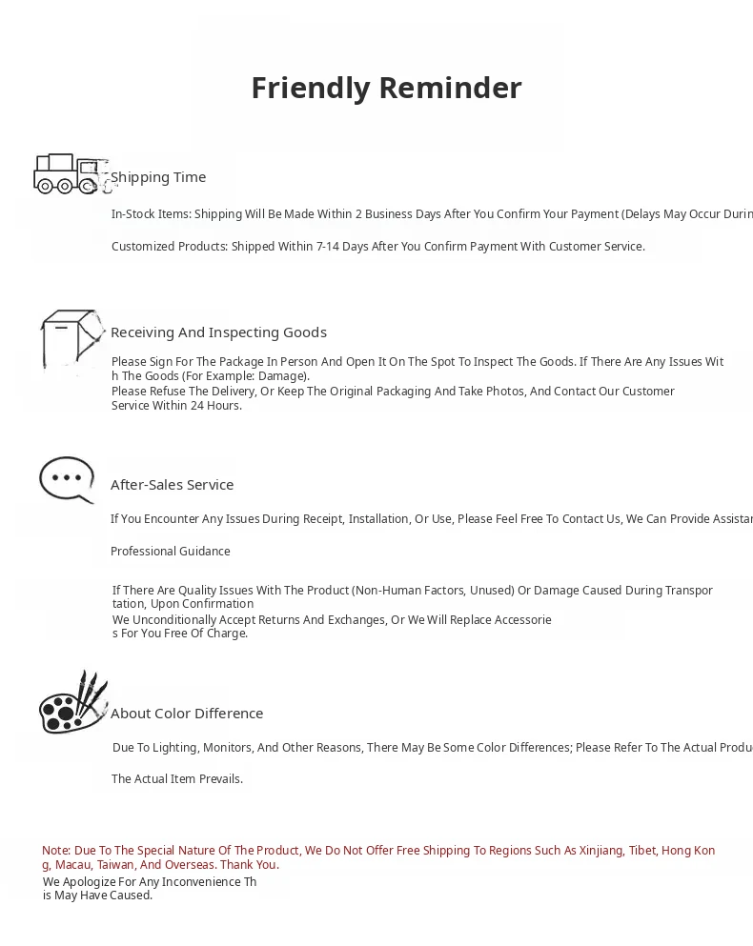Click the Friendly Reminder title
386,88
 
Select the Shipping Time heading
158,177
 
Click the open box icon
71,338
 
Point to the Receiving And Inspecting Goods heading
218,332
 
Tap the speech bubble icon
67,478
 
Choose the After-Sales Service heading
172,485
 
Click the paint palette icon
72,703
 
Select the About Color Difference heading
187,714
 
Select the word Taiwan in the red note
115,865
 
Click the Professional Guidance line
171,552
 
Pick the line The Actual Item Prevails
177,779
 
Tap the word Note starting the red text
55,851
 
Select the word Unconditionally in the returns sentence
170,620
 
